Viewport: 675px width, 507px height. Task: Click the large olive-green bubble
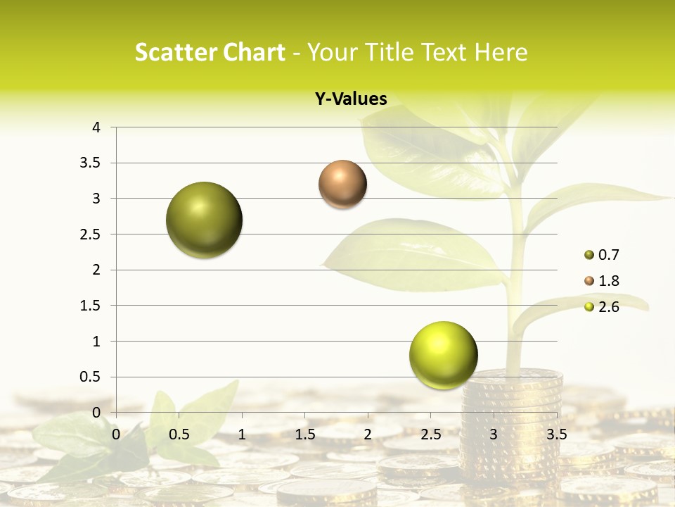[x=204, y=220]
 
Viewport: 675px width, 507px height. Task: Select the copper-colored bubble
[x=342, y=184]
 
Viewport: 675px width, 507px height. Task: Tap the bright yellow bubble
[x=443, y=355]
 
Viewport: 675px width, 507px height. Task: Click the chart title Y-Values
[x=351, y=99]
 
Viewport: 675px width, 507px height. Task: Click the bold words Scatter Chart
[x=210, y=52]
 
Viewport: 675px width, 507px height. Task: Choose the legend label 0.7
[x=609, y=255]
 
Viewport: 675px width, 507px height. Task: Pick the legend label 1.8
[x=609, y=281]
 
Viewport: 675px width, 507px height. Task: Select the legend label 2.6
[x=609, y=307]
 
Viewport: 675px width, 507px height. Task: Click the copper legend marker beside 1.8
[x=589, y=281]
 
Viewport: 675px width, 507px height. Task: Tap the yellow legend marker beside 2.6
[x=589, y=307]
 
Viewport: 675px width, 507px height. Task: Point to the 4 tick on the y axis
[x=96, y=127]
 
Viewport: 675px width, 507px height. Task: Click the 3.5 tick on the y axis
[x=91, y=163]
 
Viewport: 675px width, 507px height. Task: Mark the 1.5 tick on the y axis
[x=91, y=306]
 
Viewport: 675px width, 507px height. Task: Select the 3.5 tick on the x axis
[x=557, y=434]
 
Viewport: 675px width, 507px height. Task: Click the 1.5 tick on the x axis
[x=305, y=434]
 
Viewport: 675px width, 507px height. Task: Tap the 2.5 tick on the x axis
[x=431, y=434]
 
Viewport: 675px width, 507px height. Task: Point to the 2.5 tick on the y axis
[x=91, y=234]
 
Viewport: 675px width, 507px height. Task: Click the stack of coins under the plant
[x=513, y=423]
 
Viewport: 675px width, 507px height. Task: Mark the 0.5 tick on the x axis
[x=179, y=434]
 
